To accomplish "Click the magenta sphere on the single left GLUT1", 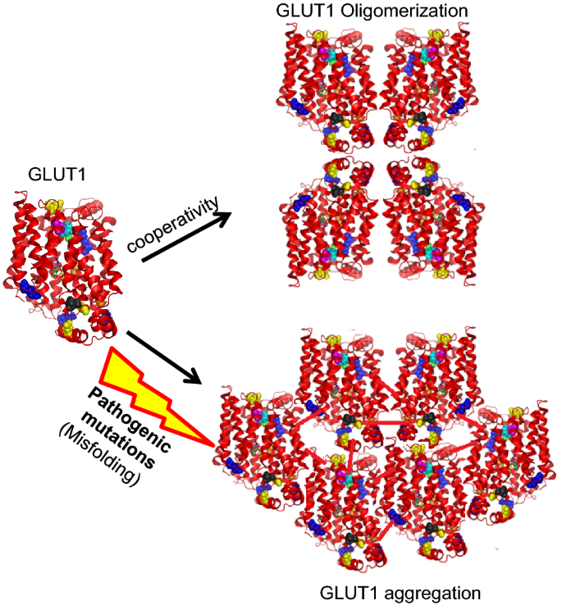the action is (x=57, y=221).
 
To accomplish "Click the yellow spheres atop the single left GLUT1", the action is (x=54, y=205).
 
